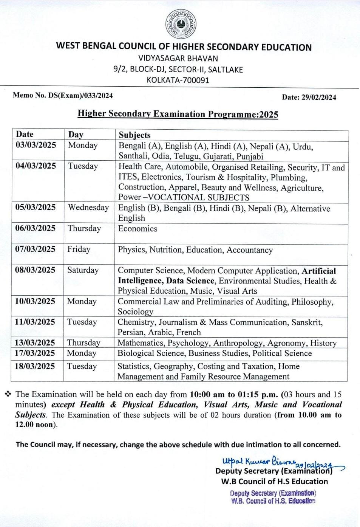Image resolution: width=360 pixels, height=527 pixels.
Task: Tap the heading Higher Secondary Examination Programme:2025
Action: click(178, 114)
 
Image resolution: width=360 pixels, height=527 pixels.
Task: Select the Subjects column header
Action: click(134, 135)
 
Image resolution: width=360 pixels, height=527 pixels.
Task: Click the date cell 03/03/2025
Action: click(36, 145)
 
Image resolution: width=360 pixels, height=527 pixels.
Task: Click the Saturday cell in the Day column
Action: click(83, 270)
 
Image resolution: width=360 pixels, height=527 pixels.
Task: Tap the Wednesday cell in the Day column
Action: click(88, 208)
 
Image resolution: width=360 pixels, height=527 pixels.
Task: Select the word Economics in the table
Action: click(138, 229)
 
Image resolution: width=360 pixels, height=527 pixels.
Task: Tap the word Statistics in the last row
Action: click(133, 366)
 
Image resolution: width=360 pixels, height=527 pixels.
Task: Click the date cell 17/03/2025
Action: click(35, 353)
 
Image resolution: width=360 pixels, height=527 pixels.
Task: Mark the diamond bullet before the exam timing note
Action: click(8, 394)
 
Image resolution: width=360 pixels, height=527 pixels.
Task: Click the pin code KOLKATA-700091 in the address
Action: click(178, 80)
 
